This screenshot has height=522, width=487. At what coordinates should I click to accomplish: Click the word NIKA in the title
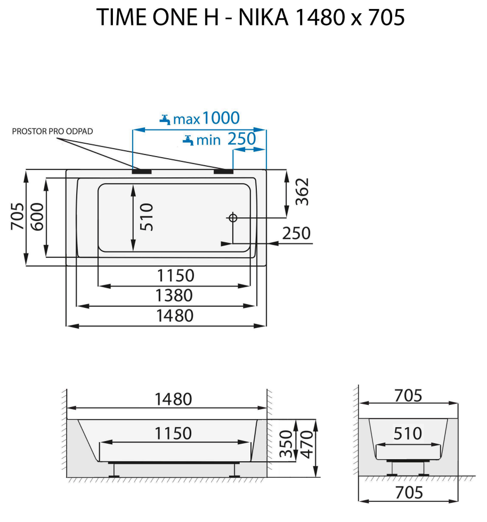263,18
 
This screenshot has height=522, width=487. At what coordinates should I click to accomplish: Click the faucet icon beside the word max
165,119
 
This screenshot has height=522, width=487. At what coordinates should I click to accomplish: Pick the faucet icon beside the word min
188,140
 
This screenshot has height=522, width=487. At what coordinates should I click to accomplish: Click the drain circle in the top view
232,217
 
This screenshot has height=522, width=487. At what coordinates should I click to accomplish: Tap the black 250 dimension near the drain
296,233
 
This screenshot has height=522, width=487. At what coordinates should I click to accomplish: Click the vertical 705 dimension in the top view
18,216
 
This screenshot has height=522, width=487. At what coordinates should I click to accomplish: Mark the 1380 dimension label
174,295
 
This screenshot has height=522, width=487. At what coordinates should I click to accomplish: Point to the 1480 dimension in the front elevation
173,398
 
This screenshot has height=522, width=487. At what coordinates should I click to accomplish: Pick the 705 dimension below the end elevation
408,493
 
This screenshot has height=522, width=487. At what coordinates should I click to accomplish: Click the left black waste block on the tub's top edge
142,172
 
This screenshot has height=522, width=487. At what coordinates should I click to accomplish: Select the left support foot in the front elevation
113,469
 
